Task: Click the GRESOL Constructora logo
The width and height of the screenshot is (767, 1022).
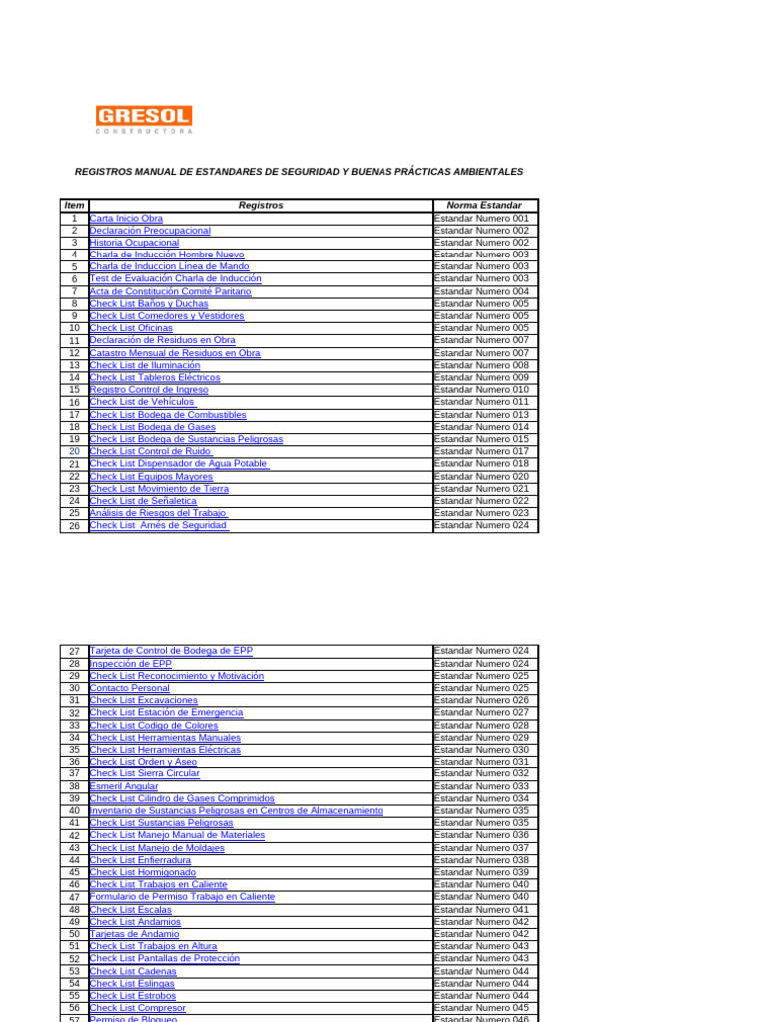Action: (144, 119)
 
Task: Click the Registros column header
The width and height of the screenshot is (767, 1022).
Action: (261, 205)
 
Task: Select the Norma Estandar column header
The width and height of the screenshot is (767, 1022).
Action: (485, 205)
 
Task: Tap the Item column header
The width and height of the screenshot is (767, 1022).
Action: (74, 205)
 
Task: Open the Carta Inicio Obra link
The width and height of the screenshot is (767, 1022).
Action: (126, 218)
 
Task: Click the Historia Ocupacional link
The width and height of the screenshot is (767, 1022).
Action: (134, 243)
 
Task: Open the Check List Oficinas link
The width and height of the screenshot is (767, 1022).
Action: (131, 328)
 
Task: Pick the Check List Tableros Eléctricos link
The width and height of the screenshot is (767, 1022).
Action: (155, 377)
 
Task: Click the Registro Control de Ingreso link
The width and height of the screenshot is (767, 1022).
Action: (149, 390)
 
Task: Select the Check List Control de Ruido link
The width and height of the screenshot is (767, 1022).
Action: (150, 451)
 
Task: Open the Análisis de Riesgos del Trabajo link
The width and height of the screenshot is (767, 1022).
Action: (158, 513)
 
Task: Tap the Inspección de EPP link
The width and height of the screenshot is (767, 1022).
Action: (131, 663)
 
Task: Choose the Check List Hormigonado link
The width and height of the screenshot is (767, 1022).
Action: (143, 872)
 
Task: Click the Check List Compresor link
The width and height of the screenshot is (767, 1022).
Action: (138, 1008)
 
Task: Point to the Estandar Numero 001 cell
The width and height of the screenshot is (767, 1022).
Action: (482, 218)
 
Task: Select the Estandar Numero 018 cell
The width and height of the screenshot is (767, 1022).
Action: (482, 463)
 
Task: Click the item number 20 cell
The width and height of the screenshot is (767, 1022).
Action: (74, 451)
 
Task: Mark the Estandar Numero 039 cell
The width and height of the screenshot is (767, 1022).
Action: (482, 872)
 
